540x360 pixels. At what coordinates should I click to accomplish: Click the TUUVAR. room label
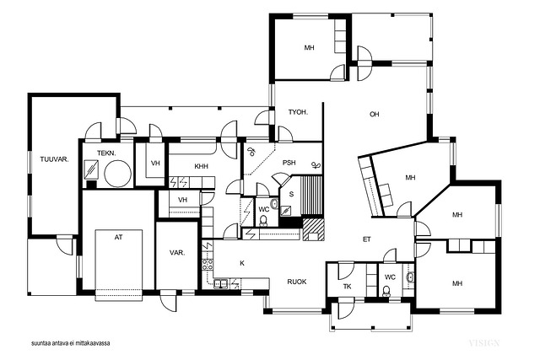tap(54, 159)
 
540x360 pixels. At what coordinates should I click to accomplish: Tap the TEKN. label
tap(106, 153)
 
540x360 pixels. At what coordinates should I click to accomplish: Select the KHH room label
tap(201, 167)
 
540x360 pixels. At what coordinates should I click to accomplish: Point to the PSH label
tap(289, 163)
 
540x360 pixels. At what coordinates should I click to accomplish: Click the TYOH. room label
tap(298, 112)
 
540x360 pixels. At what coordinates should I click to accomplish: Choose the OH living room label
tap(375, 114)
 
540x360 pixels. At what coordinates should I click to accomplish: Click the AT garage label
tap(118, 237)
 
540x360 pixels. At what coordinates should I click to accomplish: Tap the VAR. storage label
tap(177, 253)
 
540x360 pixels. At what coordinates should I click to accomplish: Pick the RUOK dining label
tap(297, 282)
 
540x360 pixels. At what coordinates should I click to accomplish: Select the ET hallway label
tap(367, 239)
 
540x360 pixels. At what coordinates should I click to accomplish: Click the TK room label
tap(347, 287)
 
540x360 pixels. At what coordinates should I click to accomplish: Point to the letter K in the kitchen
tap(242, 263)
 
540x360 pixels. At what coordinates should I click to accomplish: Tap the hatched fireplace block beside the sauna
tap(313, 228)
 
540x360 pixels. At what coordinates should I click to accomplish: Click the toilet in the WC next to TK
tap(386, 291)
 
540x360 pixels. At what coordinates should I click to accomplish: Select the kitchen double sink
tap(220, 283)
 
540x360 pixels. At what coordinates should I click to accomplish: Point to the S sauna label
tap(291, 195)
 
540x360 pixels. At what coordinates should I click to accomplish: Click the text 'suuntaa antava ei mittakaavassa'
tap(71, 343)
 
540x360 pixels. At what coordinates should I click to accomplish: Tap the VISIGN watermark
tap(483, 343)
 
